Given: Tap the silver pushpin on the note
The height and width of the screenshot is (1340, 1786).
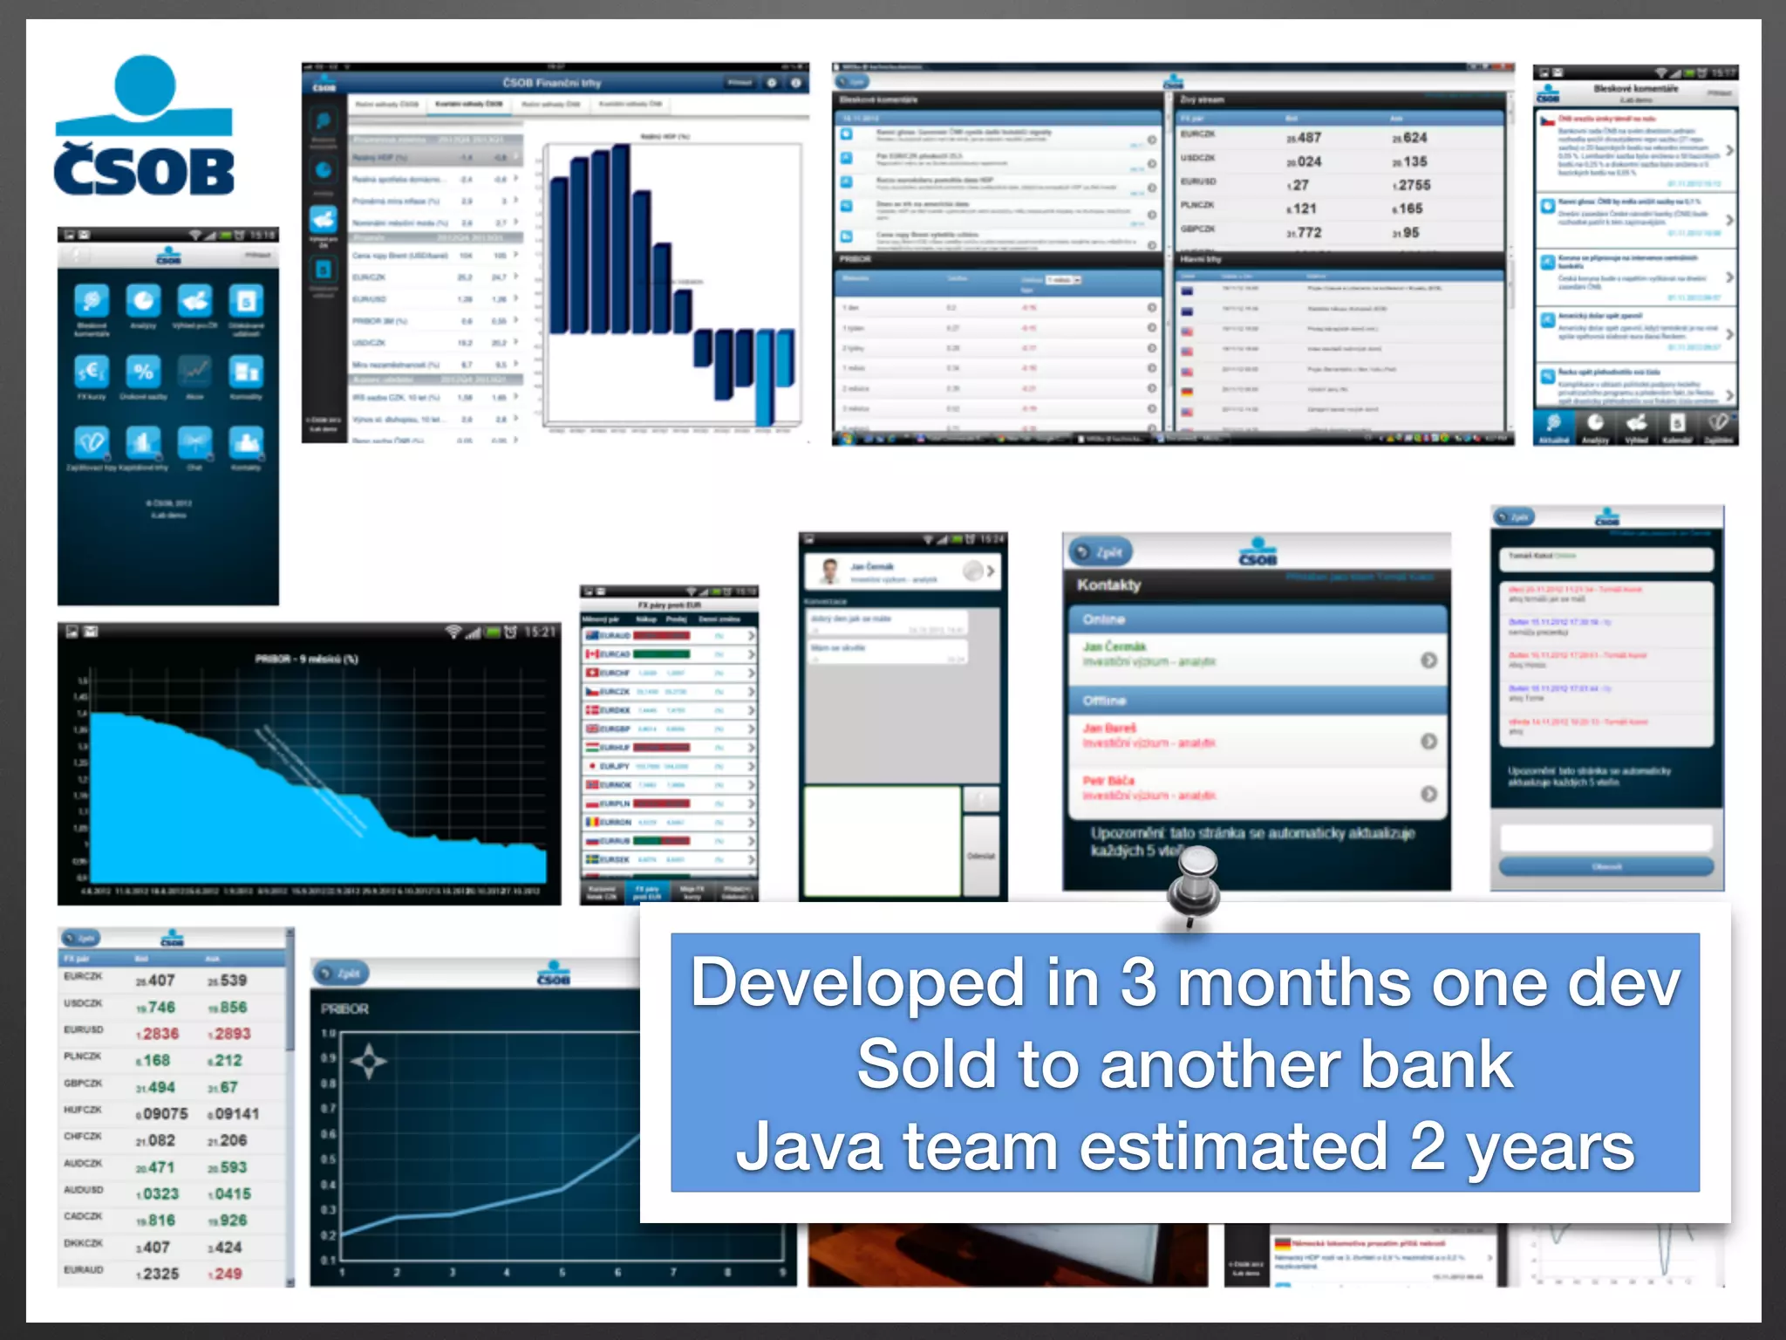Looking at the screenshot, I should (1195, 881).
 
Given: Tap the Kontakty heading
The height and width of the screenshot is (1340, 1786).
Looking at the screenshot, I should (1108, 585).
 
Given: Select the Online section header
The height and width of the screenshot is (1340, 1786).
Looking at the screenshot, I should (1104, 619).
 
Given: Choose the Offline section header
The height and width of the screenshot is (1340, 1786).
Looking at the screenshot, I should (1105, 701).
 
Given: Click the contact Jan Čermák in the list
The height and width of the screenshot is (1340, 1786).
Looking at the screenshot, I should (1115, 646).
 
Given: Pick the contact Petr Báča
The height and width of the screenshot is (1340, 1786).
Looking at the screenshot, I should (1108, 781).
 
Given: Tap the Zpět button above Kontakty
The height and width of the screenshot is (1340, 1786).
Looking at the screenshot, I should (1101, 552).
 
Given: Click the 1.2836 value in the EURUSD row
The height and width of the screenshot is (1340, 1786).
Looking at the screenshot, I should (158, 1034).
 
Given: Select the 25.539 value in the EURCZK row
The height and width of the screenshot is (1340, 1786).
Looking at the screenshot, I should (228, 981).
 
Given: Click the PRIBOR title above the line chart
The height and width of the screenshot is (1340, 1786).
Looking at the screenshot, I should (344, 1008).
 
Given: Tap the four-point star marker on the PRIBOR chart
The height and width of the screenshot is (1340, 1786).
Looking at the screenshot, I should (368, 1061).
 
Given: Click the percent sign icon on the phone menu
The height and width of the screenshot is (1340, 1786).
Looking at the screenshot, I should (144, 372).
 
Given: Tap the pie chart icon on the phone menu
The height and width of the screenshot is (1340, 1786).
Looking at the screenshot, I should (144, 302).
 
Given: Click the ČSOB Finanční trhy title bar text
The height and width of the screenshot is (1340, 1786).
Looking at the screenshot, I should (551, 83).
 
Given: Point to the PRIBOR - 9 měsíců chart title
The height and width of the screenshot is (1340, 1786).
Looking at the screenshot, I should (306, 659).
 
